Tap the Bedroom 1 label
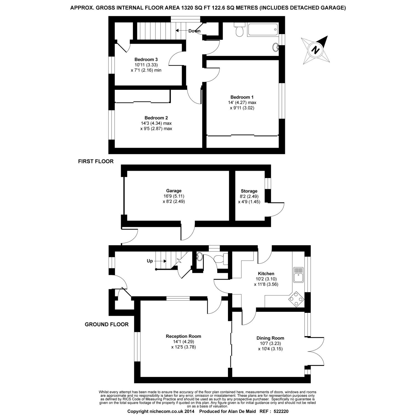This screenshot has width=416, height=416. (242, 97)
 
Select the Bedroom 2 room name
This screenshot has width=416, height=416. (156, 118)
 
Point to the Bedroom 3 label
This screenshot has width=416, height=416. (146, 59)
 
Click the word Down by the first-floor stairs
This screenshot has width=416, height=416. (194, 31)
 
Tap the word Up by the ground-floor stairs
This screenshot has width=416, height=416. (150, 261)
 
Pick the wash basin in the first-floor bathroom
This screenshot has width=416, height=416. (276, 48)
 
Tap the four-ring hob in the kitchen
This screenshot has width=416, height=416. (296, 299)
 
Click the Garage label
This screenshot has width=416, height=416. (174, 191)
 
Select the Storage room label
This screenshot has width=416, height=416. (249, 191)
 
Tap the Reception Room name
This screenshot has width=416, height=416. (183, 336)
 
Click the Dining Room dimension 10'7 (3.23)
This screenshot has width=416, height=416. (270, 343)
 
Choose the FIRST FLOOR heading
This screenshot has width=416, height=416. (96, 161)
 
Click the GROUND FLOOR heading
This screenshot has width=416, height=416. (106, 324)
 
